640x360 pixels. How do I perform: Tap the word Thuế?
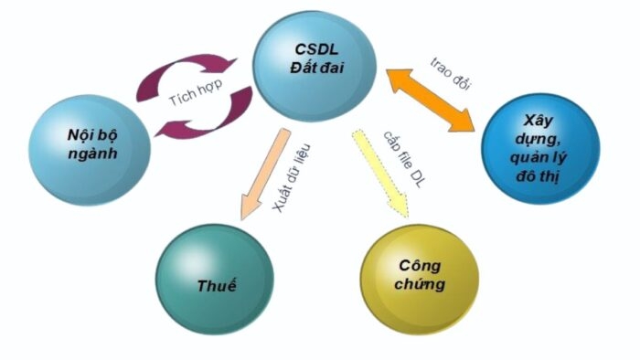tap(217, 286)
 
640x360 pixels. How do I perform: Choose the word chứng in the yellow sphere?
tap(421, 284)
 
